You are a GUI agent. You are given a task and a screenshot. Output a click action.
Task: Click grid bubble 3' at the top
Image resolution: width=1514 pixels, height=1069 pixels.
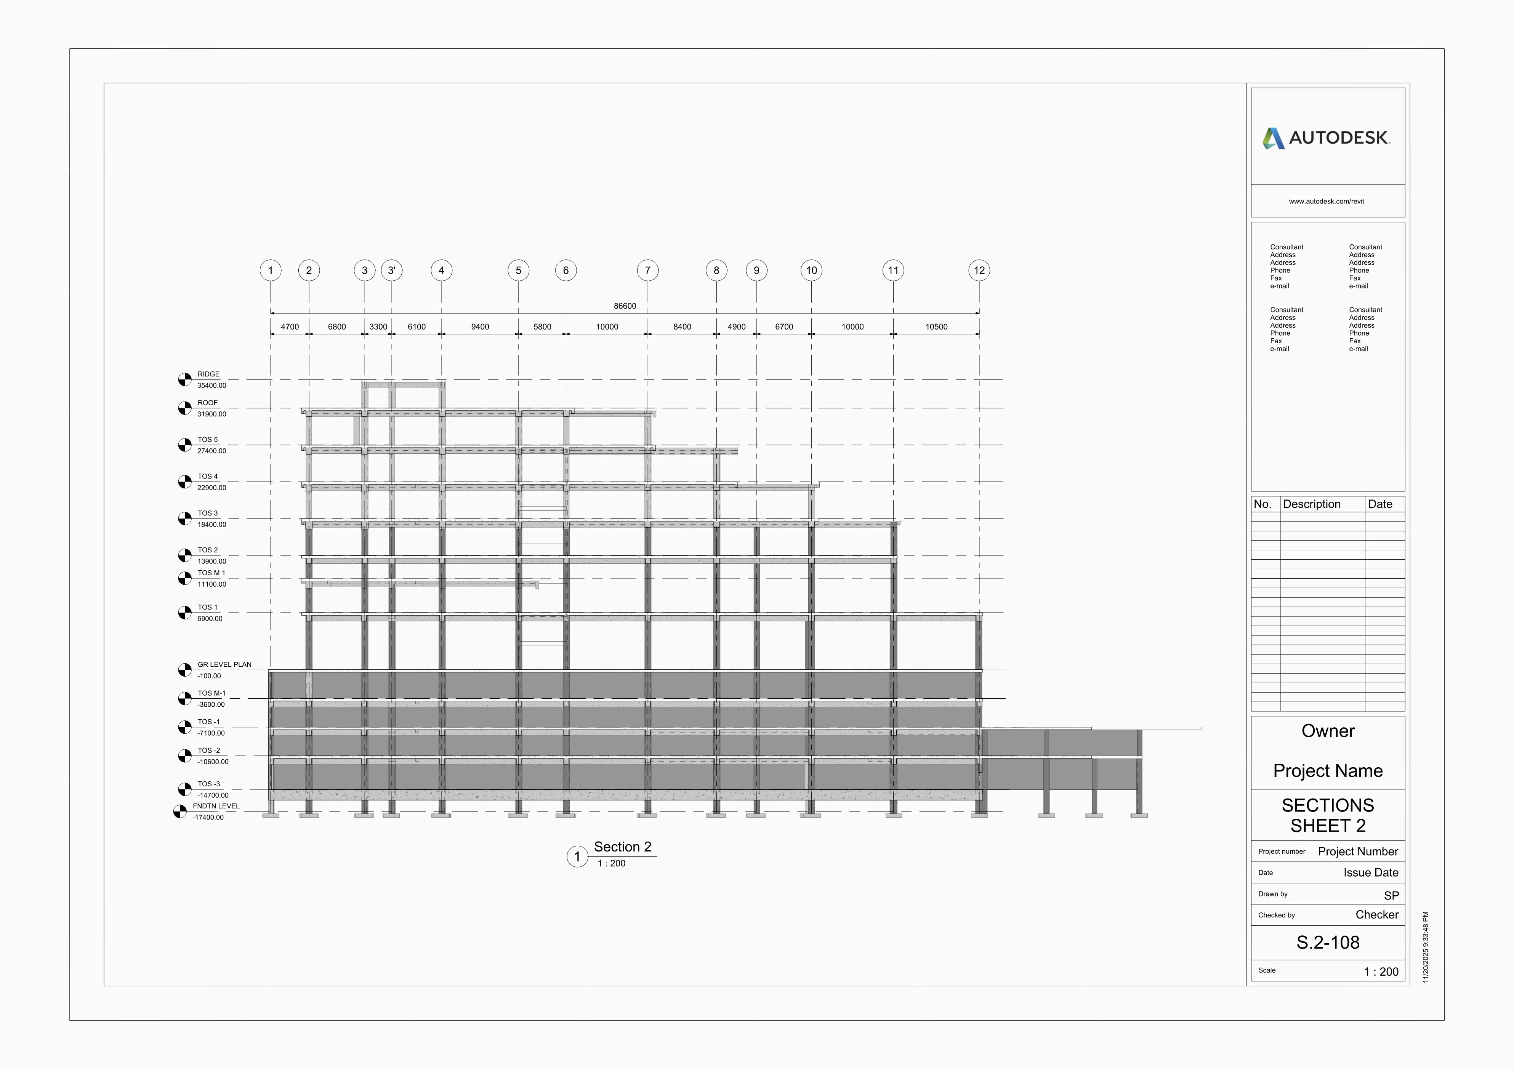click(x=392, y=270)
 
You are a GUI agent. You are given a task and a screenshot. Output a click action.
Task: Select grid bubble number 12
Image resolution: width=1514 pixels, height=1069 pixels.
click(x=979, y=270)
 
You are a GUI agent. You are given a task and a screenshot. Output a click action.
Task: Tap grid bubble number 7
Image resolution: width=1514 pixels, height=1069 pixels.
click(x=647, y=270)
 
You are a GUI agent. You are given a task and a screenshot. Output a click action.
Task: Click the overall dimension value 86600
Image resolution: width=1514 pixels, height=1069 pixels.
click(x=625, y=306)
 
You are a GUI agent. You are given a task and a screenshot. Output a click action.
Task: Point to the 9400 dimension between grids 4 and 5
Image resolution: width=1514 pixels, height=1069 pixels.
click(x=480, y=327)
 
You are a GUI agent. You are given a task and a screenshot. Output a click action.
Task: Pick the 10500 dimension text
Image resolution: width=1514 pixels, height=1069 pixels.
click(x=936, y=327)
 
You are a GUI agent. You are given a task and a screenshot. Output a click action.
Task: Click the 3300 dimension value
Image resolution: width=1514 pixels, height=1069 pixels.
click(x=378, y=327)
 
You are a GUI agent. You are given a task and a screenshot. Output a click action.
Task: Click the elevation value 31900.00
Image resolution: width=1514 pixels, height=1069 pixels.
click(x=211, y=414)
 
